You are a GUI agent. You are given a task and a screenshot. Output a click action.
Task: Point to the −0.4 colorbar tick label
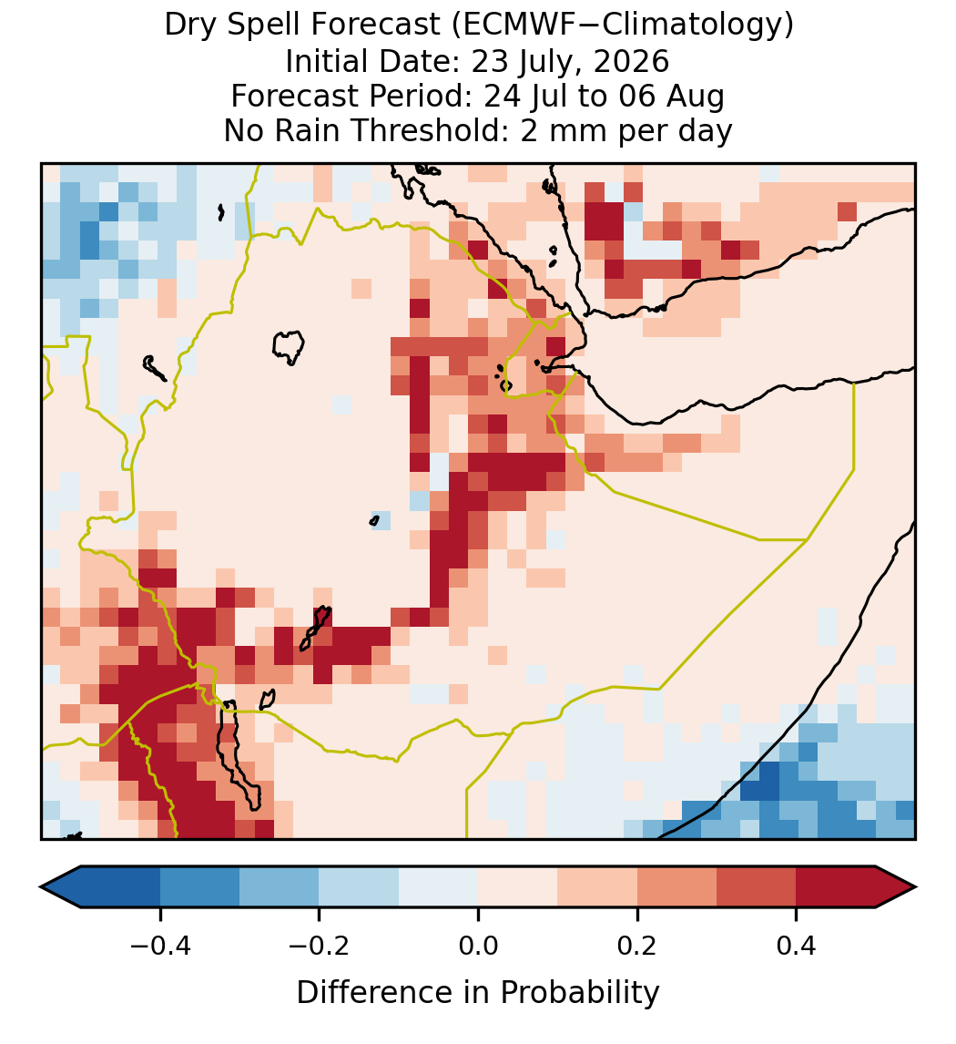[159, 945]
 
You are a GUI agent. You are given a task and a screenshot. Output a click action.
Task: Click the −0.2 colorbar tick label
[319, 945]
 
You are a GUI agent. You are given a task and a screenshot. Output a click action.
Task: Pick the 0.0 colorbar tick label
[478, 945]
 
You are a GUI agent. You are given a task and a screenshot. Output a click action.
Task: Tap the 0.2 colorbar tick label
[637, 945]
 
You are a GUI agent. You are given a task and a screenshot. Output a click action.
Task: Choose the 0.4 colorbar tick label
[797, 945]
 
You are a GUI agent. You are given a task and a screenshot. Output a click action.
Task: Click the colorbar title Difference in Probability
[478, 993]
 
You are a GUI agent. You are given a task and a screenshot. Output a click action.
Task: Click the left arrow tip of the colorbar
[41, 887]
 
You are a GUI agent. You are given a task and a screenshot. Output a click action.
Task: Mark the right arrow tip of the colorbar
[915, 887]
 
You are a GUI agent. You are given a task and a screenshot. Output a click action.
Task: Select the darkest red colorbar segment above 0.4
[836, 887]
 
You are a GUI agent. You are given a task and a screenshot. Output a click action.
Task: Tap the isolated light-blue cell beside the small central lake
[381, 521]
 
